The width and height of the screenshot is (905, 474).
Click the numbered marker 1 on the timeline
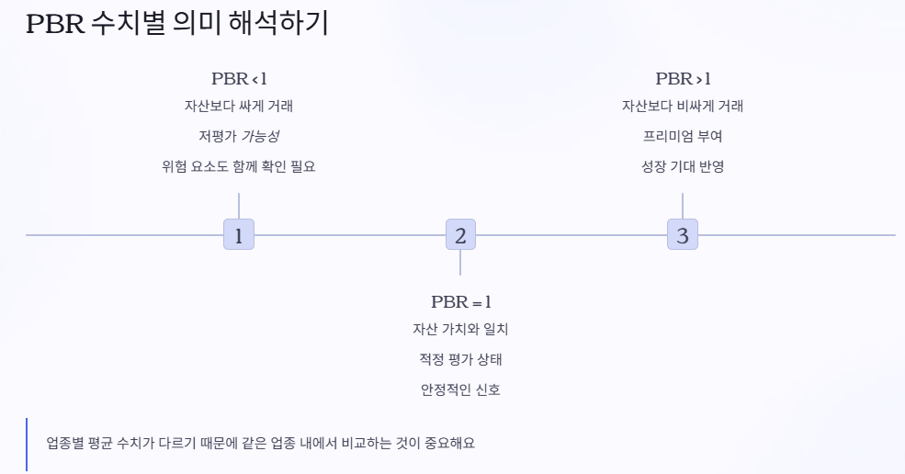click(x=239, y=235)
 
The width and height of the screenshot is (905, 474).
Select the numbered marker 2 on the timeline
click(x=460, y=235)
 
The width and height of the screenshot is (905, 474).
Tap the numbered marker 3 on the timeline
click(x=682, y=235)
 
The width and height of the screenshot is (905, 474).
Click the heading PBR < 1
click(x=239, y=79)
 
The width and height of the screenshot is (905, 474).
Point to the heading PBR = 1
click(x=461, y=302)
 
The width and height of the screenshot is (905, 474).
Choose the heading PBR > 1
click(x=683, y=79)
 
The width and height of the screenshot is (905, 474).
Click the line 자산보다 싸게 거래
click(x=239, y=107)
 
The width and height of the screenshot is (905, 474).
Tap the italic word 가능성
click(x=260, y=137)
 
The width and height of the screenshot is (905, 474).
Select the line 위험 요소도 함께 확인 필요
click(x=239, y=167)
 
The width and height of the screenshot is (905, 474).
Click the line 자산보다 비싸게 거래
click(x=683, y=107)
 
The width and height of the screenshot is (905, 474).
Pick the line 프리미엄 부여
click(x=683, y=137)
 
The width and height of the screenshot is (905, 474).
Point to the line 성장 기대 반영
click(x=683, y=167)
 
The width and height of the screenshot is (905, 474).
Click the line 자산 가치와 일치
click(x=460, y=330)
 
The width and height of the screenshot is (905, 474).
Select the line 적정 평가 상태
click(x=460, y=359)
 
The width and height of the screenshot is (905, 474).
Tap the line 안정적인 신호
click(x=460, y=389)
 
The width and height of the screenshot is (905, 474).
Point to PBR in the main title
click(x=56, y=25)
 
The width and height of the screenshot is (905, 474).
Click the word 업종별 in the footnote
click(x=64, y=444)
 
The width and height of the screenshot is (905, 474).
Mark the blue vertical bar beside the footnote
click(x=28, y=445)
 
